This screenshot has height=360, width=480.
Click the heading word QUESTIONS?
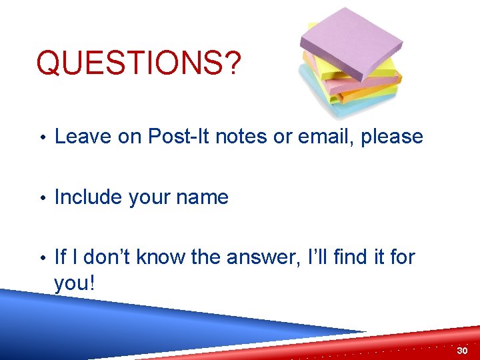tap(138, 63)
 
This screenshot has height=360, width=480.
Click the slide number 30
tap(462, 350)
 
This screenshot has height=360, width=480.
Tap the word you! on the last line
tap(75, 284)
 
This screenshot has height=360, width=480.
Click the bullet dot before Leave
tap(42, 138)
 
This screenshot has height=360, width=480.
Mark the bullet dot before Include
tap(42, 199)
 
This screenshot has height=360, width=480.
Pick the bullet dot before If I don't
tap(42, 258)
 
